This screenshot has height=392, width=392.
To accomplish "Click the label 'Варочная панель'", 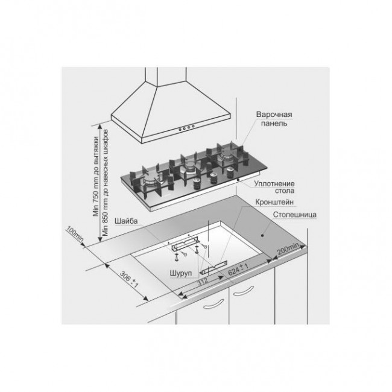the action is pyautogui.click(x=274, y=119).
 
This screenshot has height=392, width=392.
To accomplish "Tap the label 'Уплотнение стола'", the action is pyautogui.click(x=274, y=187).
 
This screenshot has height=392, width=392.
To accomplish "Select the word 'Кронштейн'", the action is pyautogui.click(x=274, y=202).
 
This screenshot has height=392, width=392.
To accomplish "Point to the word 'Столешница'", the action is pyautogui.click(x=295, y=215).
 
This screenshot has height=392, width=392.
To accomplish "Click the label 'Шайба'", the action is pyautogui.click(x=126, y=221).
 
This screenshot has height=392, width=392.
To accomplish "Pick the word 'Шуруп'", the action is pyautogui.click(x=181, y=273).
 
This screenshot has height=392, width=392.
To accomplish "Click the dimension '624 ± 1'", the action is pyautogui.click(x=238, y=269).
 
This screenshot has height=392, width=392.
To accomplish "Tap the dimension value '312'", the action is pyautogui.click(x=203, y=282).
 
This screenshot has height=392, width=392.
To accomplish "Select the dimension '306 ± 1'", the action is pyautogui.click(x=129, y=279).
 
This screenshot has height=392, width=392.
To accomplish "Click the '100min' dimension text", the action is pyautogui.click(x=75, y=234).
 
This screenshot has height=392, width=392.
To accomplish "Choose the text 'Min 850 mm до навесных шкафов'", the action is pyautogui.click(x=106, y=183).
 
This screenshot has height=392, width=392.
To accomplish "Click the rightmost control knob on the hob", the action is pyautogui.click(x=230, y=172).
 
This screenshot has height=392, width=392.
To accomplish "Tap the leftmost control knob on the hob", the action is pyautogui.click(x=197, y=183).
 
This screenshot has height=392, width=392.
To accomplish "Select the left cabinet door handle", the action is pyautogui.click(x=213, y=305).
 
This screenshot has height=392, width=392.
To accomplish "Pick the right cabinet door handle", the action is pyautogui.click(x=243, y=292).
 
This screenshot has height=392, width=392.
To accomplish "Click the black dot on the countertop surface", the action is pyautogui.click(x=262, y=235).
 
